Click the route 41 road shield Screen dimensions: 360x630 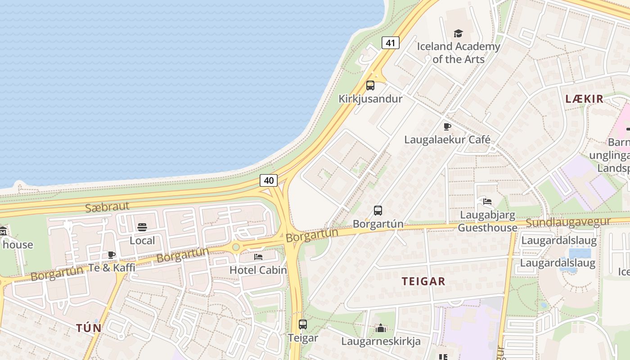point(390,43)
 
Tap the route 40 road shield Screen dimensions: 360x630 point(269,180)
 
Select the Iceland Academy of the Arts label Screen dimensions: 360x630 point(458,53)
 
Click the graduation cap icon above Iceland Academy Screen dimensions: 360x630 point(458,33)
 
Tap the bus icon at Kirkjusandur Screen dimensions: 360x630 point(370,85)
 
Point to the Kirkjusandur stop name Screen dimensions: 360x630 point(370,99)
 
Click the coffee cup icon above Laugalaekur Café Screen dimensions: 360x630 point(447,127)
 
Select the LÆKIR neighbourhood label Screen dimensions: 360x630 point(584,99)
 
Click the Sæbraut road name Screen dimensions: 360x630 point(108,207)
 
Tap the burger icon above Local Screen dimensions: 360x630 point(142,227)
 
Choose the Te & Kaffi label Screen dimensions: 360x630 point(112,267)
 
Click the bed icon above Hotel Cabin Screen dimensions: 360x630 point(258,257)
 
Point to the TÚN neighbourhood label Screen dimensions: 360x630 point(89,328)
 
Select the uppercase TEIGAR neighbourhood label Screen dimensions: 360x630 point(423,282)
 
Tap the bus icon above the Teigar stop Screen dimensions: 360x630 point(303,324)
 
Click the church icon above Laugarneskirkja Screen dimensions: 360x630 point(381,328)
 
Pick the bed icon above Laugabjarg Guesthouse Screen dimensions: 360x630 point(487,201)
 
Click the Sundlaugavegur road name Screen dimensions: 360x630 point(568,222)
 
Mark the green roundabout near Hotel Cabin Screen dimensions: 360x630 point(235,247)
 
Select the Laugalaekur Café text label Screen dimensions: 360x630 point(447,139)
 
